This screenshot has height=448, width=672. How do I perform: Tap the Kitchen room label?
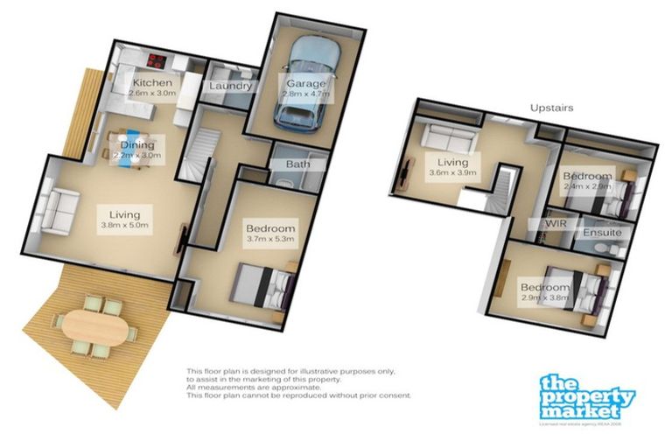click(x=151, y=83)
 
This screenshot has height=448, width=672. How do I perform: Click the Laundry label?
click(x=231, y=86)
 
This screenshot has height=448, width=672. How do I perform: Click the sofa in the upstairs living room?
click(x=447, y=140)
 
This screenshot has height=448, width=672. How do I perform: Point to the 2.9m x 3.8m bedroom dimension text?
click(x=545, y=297)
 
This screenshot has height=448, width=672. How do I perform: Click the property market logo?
click(x=585, y=396)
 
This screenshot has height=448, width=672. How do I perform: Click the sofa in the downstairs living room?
click(x=59, y=210)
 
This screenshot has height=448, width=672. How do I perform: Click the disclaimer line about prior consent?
click(x=298, y=395)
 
